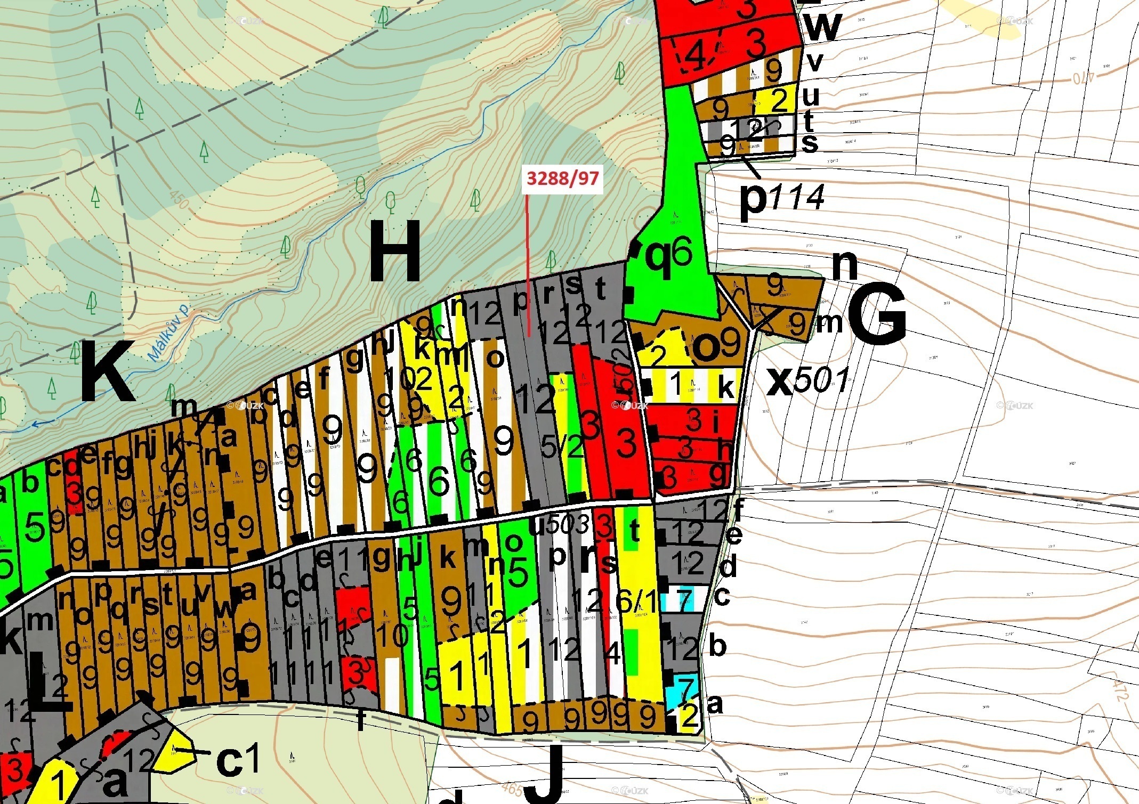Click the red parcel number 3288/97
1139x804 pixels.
coord(562,177)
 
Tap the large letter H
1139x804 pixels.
coord(394,251)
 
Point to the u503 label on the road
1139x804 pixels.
coord(559,525)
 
